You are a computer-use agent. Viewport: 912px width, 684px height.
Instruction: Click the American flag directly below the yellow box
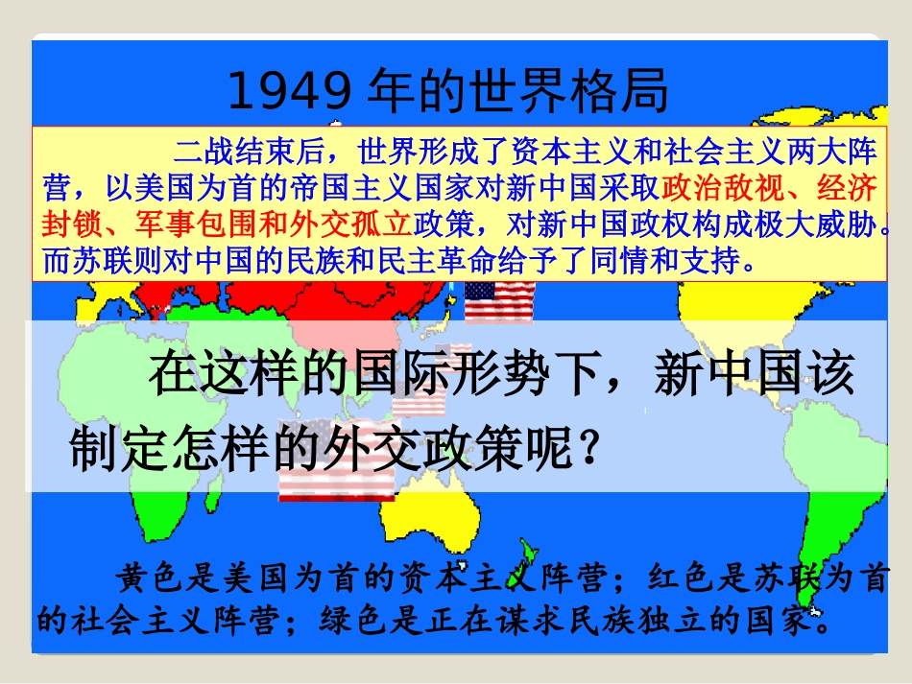(499, 300)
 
